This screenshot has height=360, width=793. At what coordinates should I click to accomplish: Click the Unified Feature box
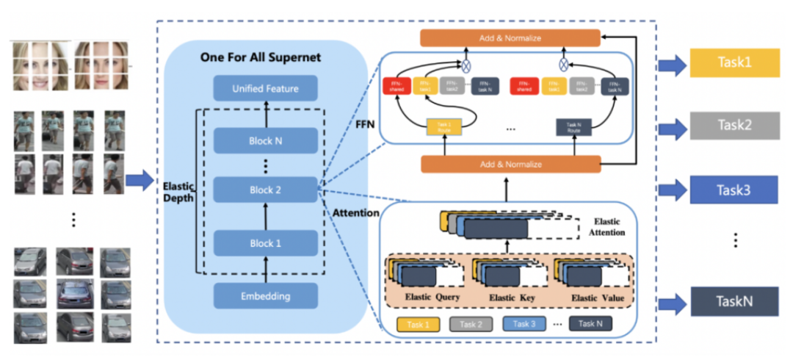pyautogui.click(x=266, y=89)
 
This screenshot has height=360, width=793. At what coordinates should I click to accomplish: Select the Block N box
pyautogui.click(x=266, y=140)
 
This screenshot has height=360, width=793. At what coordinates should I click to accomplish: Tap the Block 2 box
pyautogui.click(x=266, y=190)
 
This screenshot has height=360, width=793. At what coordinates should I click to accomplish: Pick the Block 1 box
pyautogui.click(x=266, y=242)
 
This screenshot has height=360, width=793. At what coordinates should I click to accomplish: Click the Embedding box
pyautogui.click(x=266, y=296)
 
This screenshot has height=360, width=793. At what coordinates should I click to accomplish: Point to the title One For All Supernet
pyautogui.click(x=266, y=58)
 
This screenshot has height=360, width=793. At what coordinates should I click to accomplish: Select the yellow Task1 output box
pyautogui.click(x=734, y=64)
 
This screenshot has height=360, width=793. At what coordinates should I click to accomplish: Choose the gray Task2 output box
pyautogui.click(x=734, y=126)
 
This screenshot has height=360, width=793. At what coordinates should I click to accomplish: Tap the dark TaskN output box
pyautogui.click(x=734, y=301)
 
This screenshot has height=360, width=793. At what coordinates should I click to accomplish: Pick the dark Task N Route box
pyautogui.click(x=574, y=127)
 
